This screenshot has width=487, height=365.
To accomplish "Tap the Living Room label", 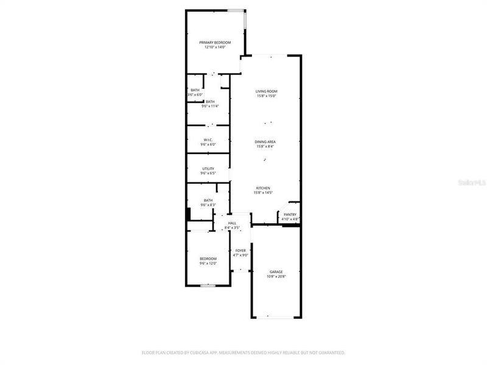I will click(267, 91).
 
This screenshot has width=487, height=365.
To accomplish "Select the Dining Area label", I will click(265, 142).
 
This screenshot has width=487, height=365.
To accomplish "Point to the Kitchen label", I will click(263, 188).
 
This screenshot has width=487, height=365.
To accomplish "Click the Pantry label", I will click(290, 215).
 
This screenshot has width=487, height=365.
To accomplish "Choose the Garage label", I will click(276, 272).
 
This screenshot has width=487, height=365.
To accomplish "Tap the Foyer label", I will click(241, 251).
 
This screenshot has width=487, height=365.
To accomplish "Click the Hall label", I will click(232, 223).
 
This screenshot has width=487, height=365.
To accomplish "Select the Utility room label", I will click(208, 169).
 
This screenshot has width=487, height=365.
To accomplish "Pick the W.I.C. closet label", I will click(208, 140).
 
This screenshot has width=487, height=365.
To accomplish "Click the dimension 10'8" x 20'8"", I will click(276, 277).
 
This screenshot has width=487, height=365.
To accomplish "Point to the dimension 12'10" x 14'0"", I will click(215, 47).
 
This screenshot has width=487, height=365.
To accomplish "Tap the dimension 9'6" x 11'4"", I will click(210, 106).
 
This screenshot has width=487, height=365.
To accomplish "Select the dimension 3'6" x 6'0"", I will click(194, 95).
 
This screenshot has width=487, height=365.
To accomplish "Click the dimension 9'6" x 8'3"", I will click(208, 205).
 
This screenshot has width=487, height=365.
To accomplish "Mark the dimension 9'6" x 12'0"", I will click(208, 263).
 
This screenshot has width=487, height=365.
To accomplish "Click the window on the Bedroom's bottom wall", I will click(208, 285).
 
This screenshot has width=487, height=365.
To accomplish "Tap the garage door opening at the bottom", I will click(276, 316).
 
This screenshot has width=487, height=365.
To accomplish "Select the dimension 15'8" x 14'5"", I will click(263, 193).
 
